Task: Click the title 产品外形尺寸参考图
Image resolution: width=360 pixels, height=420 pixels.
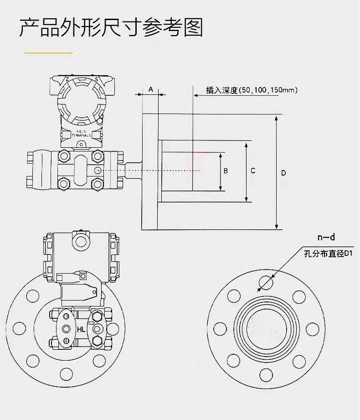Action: click(x=111, y=28)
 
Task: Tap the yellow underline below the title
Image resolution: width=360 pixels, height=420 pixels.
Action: click(x=48, y=53)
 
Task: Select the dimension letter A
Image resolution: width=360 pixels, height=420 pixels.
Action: click(x=150, y=89)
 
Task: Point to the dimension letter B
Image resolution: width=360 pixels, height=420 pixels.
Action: click(x=225, y=171)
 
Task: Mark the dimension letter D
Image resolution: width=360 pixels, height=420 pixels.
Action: click(x=283, y=173)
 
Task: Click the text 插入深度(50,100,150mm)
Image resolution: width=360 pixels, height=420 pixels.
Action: click(x=252, y=90)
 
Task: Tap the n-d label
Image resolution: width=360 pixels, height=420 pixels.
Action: click(x=326, y=237)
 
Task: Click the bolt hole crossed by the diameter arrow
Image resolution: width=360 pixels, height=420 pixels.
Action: click(x=266, y=283)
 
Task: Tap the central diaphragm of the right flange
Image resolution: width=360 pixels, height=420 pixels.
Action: click(x=267, y=329)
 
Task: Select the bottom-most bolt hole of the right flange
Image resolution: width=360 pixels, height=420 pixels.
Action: click(x=266, y=375)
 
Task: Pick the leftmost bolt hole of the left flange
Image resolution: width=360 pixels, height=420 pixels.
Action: click(x=20, y=328)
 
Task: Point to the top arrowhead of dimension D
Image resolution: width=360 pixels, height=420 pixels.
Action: click(x=277, y=118)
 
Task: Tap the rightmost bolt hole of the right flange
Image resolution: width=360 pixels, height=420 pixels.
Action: click(x=313, y=329)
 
